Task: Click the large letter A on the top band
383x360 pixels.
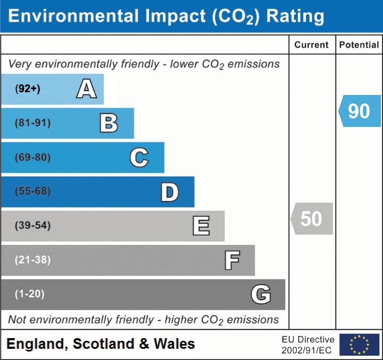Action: tap(86, 89)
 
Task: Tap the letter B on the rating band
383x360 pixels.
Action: tap(109, 123)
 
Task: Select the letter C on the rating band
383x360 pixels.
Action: tap(139, 158)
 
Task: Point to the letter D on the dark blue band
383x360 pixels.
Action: tap(169, 193)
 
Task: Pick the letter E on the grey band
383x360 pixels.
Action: tap(201, 226)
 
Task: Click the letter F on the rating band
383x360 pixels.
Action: tap(232, 261)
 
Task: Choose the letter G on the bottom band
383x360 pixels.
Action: tap(261, 294)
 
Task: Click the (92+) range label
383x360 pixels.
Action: tap(28, 89)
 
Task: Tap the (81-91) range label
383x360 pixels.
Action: tap(32, 123)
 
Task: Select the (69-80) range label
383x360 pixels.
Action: tap(32, 158)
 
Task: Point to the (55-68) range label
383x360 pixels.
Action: tap(32, 191)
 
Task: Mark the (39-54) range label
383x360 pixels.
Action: tap(32, 226)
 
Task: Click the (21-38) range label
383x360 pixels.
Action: tap(32, 260)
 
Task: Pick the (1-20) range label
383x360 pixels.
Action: tap(30, 294)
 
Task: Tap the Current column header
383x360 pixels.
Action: tap(312, 45)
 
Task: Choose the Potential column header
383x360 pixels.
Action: tap(359, 45)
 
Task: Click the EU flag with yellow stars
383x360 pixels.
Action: tap(359, 345)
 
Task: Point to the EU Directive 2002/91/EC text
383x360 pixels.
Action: tap(308, 345)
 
